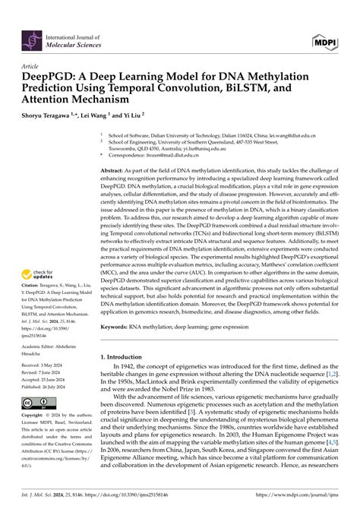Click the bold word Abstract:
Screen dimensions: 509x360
coord(115,172)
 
